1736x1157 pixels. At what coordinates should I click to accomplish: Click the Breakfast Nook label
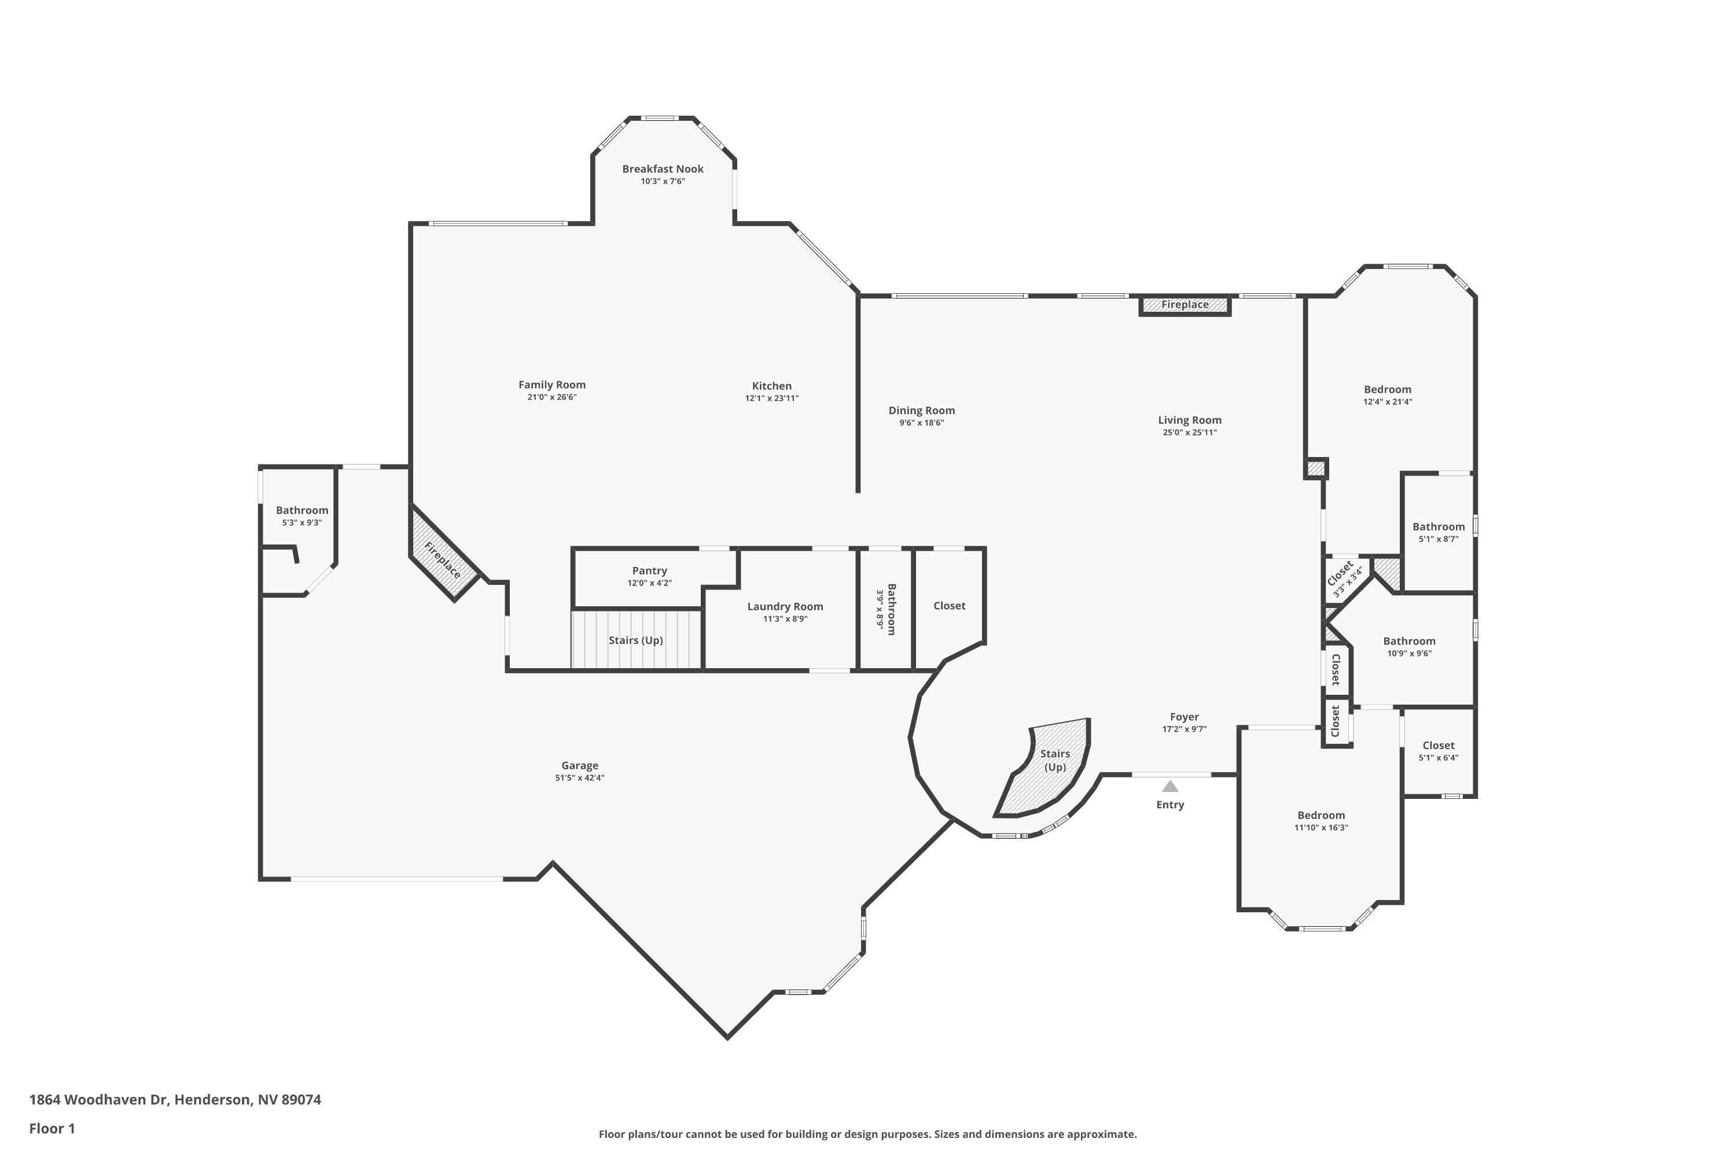(x=662, y=169)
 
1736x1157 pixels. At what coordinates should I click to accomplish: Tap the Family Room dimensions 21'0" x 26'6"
(x=551, y=397)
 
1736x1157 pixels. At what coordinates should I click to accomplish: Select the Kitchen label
(x=771, y=386)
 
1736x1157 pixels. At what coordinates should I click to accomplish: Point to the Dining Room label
(x=921, y=410)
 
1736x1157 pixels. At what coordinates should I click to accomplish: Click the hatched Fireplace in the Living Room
(x=1184, y=305)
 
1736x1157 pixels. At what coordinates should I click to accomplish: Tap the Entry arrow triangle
(x=1170, y=787)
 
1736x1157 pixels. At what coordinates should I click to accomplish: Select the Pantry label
(x=649, y=570)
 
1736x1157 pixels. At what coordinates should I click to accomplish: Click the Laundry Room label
(x=785, y=606)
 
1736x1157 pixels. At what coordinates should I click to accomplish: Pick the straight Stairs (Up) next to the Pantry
(x=635, y=640)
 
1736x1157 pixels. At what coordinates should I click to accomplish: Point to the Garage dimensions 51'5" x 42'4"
(x=579, y=778)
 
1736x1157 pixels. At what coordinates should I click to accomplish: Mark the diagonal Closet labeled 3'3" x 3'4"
(x=1344, y=577)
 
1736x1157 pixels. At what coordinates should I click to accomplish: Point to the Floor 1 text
(x=52, y=1128)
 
